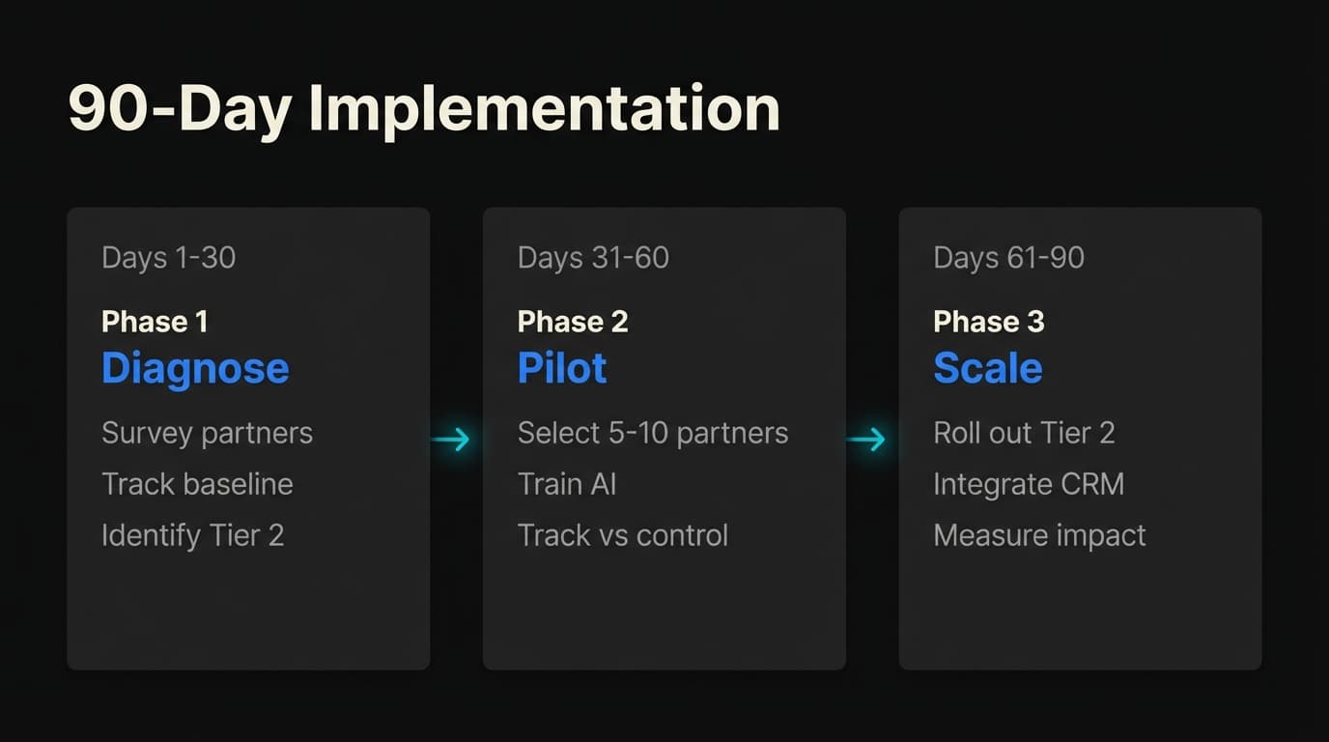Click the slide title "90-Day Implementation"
pyautogui.click(x=423, y=109)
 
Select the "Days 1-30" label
pyautogui.click(x=168, y=258)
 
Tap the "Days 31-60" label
pyautogui.click(x=593, y=258)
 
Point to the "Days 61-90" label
pyautogui.click(x=1008, y=258)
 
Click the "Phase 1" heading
pyautogui.click(x=155, y=322)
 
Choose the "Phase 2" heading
pyautogui.click(x=573, y=322)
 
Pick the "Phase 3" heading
pyautogui.click(x=988, y=322)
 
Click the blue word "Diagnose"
pyautogui.click(x=195, y=368)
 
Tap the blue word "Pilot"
pyautogui.click(x=562, y=368)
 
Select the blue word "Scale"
pyautogui.click(x=987, y=368)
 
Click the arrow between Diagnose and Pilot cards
pyautogui.click(x=451, y=440)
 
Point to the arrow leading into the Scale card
pyautogui.click(x=866, y=440)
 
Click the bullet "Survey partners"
pyautogui.click(x=207, y=433)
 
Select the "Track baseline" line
pyautogui.click(x=197, y=484)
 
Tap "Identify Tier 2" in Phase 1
pyautogui.click(x=192, y=535)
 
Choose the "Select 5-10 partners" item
pyautogui.click(x=653, y=433)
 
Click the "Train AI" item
pyautogui.click(x=567, y=484)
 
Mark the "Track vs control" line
pyautogui.click(x=623, y=535)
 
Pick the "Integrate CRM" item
pyautogui.click(x=1029, y=484)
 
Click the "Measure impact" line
pyautogui.click(x=1039, y=535)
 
